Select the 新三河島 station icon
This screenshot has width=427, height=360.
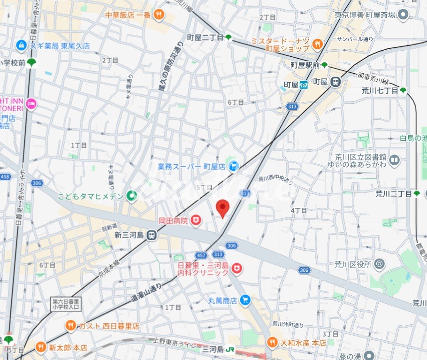coord(151,235)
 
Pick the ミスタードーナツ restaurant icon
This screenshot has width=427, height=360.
coord(318,45)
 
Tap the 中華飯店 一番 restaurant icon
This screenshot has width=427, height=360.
coord(159,15)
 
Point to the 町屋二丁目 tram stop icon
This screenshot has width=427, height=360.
coord(229,38)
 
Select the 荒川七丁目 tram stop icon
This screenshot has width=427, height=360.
coord(403,91)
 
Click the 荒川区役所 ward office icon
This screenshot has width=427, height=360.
coord(379,264)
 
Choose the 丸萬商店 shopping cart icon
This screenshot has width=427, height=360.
coord(244,300)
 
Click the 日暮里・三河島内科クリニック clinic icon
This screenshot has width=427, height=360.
coord(237,268)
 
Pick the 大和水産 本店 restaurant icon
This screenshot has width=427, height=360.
coord(272,343)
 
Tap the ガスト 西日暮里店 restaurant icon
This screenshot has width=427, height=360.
coord(70,325)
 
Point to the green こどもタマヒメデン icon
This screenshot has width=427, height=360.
coord(132,196)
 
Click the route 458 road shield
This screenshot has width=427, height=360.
coord(6,176)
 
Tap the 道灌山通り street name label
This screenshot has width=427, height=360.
coord(146,292)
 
